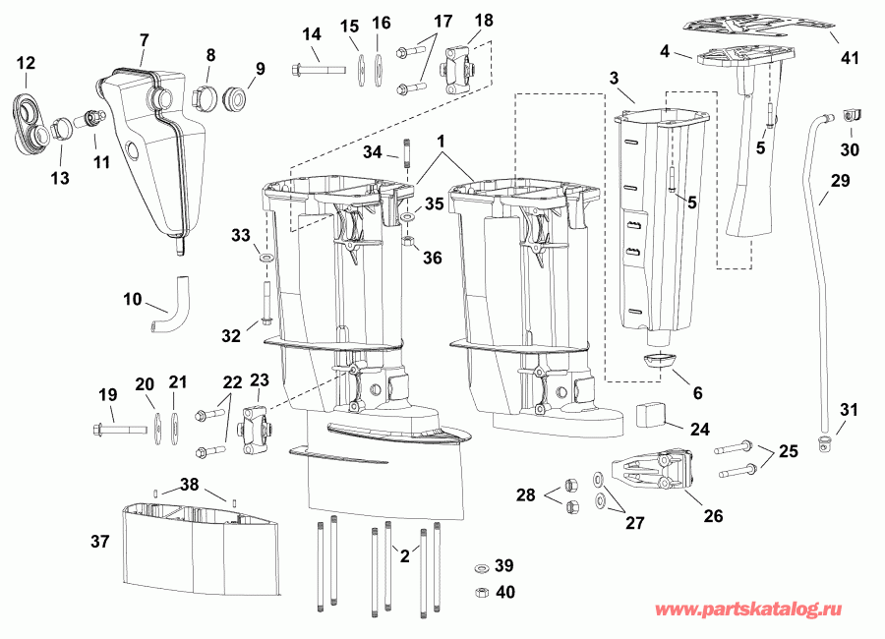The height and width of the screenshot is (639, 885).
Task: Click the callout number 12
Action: click(x=27, y=62)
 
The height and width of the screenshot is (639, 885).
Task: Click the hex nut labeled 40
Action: click(x=483, y=591)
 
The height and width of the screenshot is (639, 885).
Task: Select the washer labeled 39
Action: click(x=482, y=568)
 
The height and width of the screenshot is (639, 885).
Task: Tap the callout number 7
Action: click(x=145, y=40)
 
